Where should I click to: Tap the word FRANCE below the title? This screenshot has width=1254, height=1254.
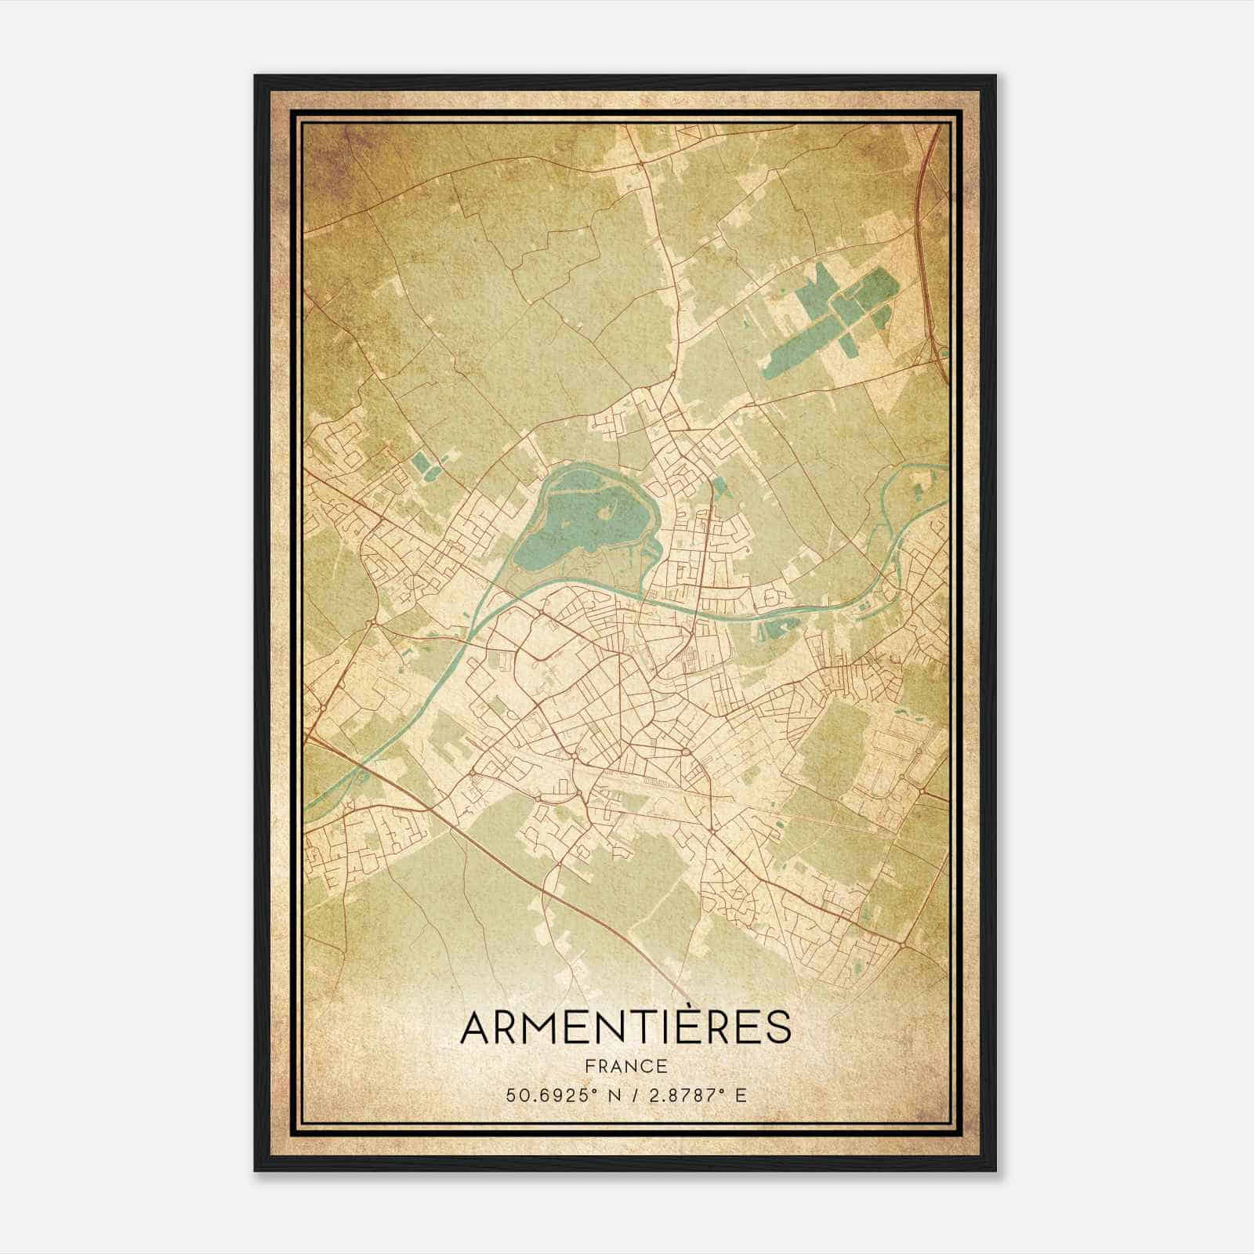(625, 1067)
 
